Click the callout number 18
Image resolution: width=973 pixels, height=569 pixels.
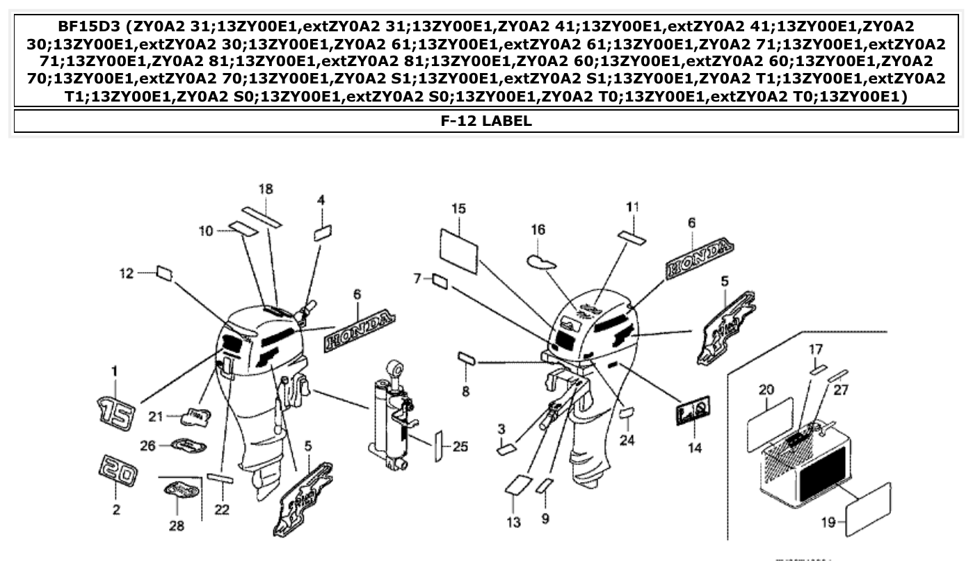[x=266, y=189]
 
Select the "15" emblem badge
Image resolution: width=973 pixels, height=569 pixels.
[x=115, y=412]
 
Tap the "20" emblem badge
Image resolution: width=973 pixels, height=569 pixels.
[x=115, y=474]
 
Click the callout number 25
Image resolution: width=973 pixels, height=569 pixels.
[x=460, y=446]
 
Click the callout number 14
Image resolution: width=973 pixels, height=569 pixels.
[x=695, y=448]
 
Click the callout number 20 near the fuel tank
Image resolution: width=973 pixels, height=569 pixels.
[x=766, y=390]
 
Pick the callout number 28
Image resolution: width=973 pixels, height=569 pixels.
[x=177, y=526]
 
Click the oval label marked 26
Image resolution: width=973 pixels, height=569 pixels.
[x=187, y=445]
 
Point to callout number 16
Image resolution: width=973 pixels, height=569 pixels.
[x=538, y=230]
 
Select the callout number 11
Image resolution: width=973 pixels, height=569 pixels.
[x=632, y=207]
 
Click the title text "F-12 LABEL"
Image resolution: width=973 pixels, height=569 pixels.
[x=486, y=121]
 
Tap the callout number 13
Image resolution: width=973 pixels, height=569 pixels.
[x=513, y=522]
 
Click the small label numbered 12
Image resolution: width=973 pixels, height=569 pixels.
[x=164, y=273]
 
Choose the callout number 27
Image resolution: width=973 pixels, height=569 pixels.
[x=841, y=390]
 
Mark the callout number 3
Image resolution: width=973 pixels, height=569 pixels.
[x=501, y=429]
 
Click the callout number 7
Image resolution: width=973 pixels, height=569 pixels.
[x=417, y=279]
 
